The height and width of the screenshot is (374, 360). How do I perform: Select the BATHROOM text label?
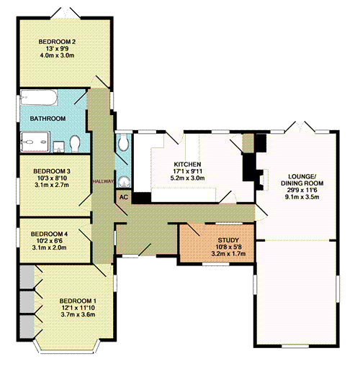pos(48,118)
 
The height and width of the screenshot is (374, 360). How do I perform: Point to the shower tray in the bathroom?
pos(32,143)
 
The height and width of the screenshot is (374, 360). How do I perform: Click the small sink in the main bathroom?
pos(58,144)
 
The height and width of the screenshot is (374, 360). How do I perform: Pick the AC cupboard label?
pos(122,196)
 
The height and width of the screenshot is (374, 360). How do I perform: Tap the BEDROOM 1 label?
pos(78,300)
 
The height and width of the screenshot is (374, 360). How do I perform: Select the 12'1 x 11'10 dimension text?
pos(78,307)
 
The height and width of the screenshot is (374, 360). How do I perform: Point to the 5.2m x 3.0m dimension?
pos(187,178)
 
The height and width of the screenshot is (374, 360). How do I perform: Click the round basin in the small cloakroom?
pos(124,181)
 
